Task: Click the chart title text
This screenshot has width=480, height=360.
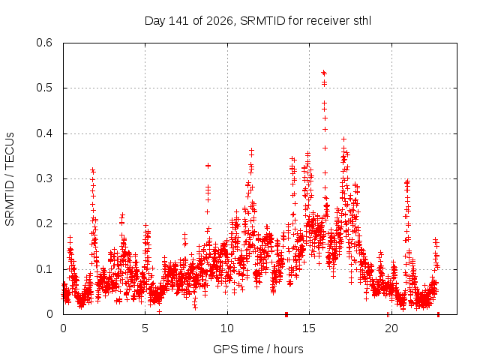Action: [258, 21]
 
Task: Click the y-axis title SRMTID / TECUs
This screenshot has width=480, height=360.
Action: [10, 179]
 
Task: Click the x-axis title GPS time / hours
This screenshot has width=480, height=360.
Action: [258, 349]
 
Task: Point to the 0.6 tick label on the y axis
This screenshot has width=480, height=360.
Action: [44, 43]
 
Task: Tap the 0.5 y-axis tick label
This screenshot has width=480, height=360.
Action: [44, 88]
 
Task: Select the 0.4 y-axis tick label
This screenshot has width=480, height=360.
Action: [44, 133]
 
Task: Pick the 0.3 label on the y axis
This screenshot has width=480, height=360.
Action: [44, 178]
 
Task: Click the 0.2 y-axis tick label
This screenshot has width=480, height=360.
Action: [44, 223]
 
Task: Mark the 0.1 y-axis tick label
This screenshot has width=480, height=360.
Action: [44, 269]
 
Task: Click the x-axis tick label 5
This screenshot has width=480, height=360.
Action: [145, 328]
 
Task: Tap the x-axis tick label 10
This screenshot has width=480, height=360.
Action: [227, 328]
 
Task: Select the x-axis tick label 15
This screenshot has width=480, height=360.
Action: [309, 328]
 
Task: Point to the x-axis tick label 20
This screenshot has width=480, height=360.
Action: [391, 328]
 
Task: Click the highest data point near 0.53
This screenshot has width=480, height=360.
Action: [323, 73]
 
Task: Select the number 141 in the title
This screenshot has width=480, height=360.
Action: [178, 21]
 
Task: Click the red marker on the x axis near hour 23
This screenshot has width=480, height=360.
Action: [438, 314]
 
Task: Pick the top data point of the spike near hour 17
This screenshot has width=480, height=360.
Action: [343, 139]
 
